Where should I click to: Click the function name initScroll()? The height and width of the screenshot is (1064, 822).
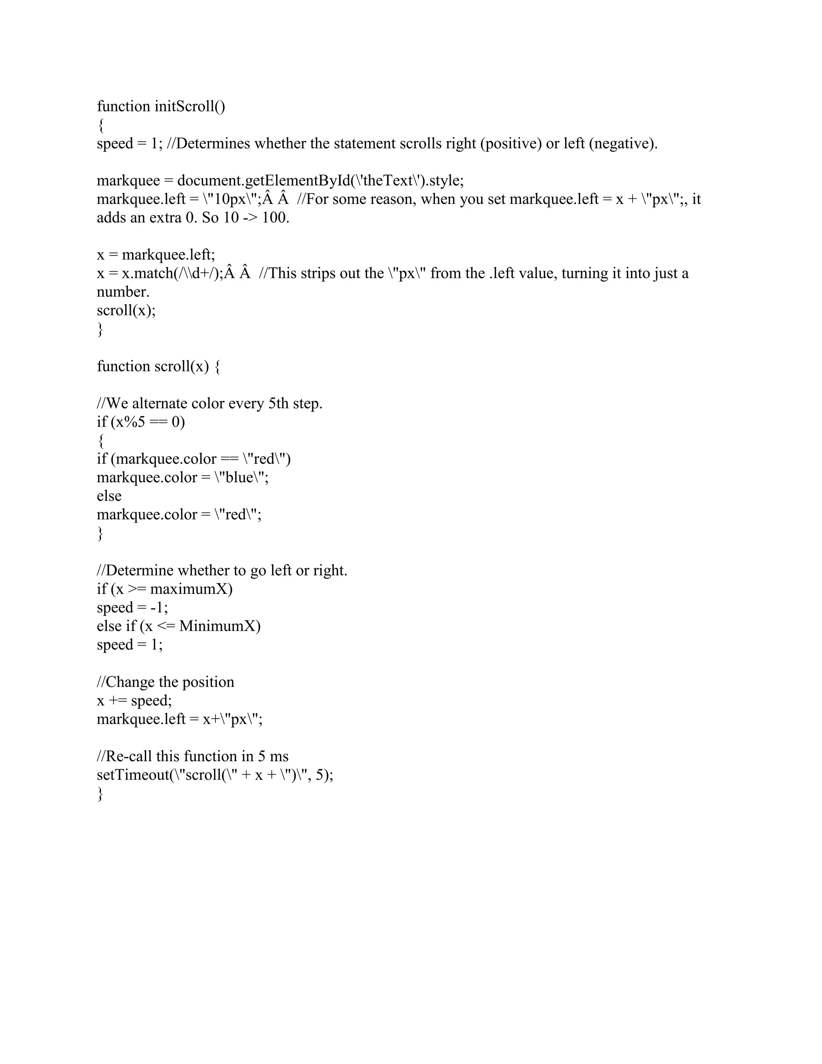coord(189,106)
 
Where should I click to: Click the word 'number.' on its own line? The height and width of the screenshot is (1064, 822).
coord(123,292)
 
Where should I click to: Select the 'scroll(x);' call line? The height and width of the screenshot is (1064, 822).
coord(126,310)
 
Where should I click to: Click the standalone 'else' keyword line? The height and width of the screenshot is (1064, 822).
coord(109,496)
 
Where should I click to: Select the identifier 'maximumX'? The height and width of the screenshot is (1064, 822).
coord(191,589)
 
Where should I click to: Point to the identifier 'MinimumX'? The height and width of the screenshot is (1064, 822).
coord(219,626)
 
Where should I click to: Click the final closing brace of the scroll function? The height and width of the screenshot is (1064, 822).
coord(100,794)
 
